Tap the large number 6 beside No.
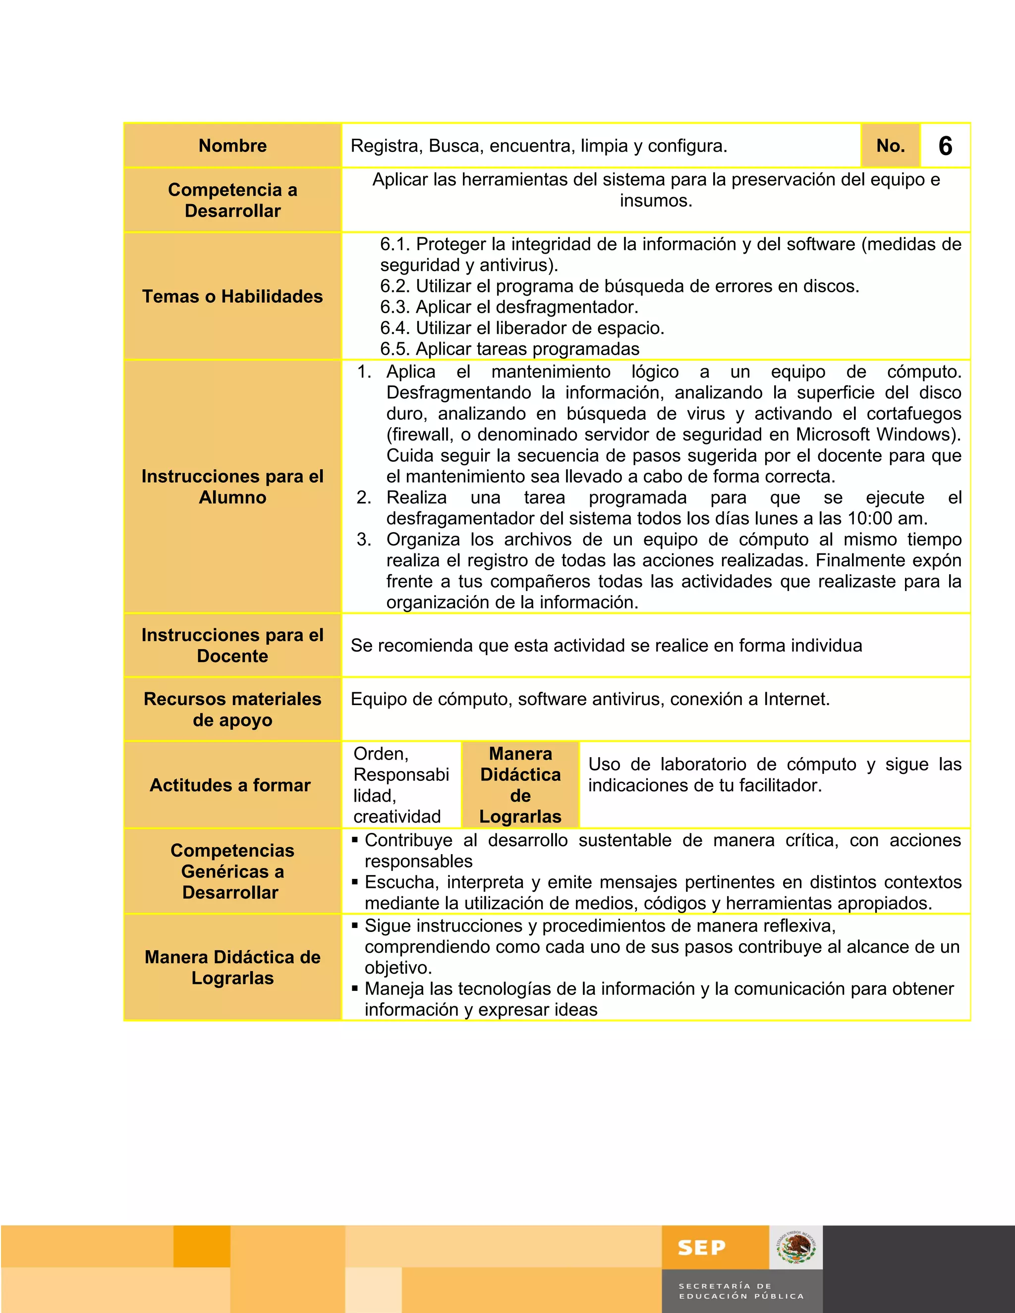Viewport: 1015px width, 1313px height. [x=945, y=146]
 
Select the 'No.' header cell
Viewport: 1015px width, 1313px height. [x=890, y=146]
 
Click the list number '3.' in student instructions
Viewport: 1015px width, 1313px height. [x=364, y=539]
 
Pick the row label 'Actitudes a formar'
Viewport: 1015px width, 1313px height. [x=230, y=785]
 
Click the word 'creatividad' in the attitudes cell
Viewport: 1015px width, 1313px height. [x=397, y=817]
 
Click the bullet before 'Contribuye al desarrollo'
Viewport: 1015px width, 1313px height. [x=355, y=839]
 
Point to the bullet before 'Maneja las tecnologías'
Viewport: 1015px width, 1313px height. [x=355, y=988]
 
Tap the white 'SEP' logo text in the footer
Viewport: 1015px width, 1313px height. [x=701, y=1248]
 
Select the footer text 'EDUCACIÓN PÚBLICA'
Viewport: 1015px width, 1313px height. [x=741, y=1296]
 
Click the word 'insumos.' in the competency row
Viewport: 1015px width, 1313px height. [x=656, y=201]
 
